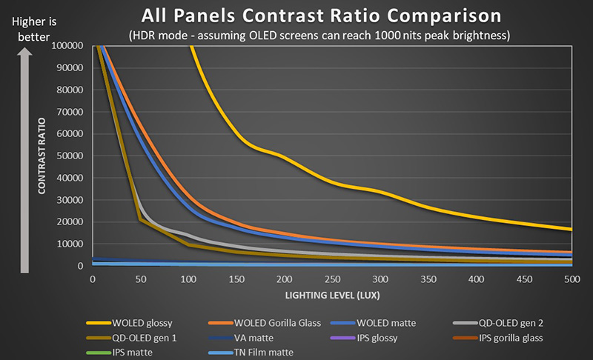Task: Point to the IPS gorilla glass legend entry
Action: pyautogui.click(x=512, y=338)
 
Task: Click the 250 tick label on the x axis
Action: pyautogui.click(x=332, y=279)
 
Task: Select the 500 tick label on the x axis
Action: pyautogui.click(x=572, y=279)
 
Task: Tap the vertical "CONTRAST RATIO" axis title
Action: pyautogui.click(x=43, y=156)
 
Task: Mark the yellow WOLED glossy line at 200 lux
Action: pyautogui.click(x=284, y=156)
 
